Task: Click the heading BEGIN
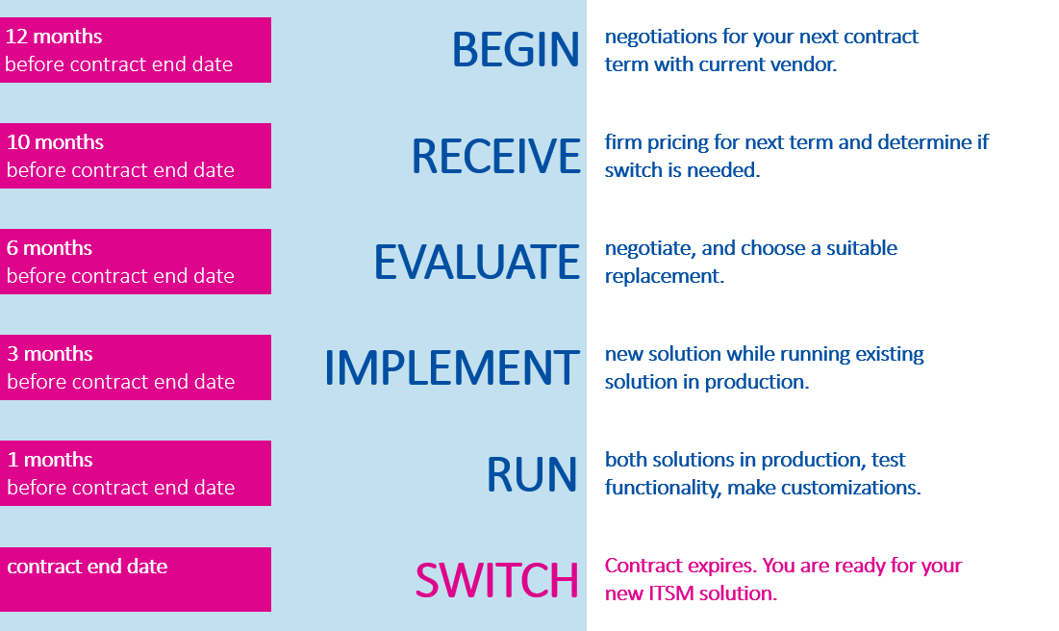coord(516,49)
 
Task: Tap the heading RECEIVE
coord(495,156)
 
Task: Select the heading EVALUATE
coord(477,263)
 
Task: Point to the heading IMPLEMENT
coord(452,368)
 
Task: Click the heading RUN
coord(532,474)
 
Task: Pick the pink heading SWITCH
coord(496,580)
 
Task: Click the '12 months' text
coord(54,37)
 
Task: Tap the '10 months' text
coord(56,141)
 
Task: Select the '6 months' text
coord(49,248)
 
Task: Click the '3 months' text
coord(50,354)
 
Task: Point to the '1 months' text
coord(50,460)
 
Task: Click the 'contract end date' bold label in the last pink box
coord(88,567)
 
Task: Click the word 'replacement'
coord(662,277)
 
